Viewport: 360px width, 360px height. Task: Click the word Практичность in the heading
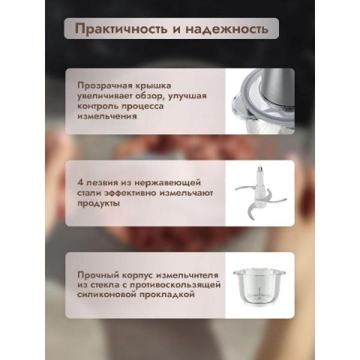(x=121, y=28)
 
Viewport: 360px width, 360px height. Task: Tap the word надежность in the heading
(x=226, y=28)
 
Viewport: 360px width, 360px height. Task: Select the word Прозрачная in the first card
(x=105, y=85)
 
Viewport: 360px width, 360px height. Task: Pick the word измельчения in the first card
(x=107, y=116)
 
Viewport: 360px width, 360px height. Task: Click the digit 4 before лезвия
(x=80, y=182)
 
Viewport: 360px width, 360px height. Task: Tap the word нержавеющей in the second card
(x=167, y=183)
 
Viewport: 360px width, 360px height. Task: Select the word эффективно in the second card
(x=130, y=193)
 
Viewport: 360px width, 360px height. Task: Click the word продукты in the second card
(x=98, y=204)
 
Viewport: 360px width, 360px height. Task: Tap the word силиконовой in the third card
(x=106, y=295)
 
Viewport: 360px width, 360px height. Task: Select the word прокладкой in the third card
(x=167, y=295)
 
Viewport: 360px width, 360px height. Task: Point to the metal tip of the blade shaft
(x=259, y=171)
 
